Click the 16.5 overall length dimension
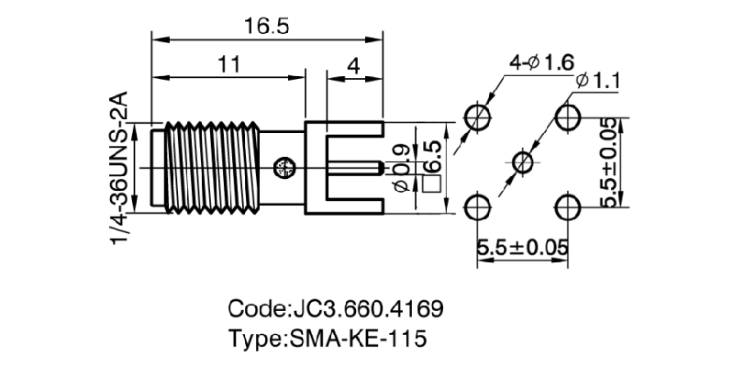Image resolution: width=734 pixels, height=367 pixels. [266, 27]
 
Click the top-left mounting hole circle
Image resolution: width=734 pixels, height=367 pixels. [477, 117]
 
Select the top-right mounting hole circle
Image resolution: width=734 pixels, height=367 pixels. [568, 117]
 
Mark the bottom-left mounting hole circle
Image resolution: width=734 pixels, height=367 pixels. [477, 207]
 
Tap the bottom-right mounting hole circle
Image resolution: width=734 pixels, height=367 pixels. [568, 207]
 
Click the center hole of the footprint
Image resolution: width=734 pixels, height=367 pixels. [522, 162]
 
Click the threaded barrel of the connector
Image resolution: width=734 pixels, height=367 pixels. [206, 166]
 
